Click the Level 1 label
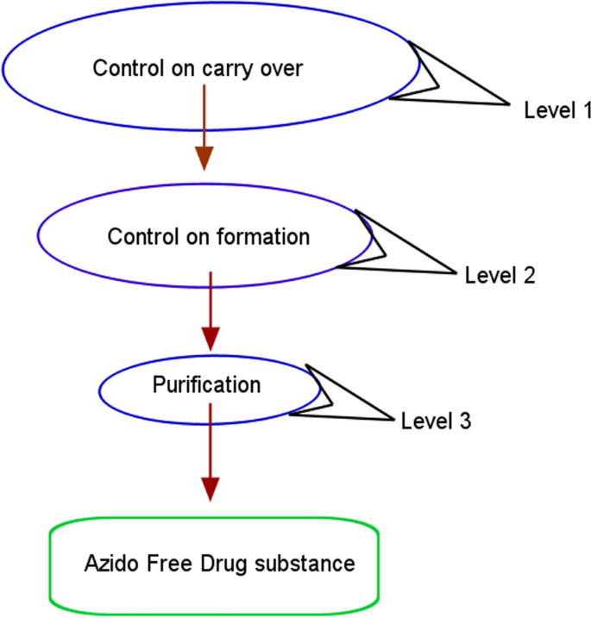pos(557,110)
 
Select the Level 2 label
pos(500,276)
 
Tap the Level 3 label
pos(436,421)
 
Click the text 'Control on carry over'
pos(198,68)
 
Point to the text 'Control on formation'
pos(208,236)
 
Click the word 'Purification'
pos(206,384)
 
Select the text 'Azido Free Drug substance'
pos(219,564)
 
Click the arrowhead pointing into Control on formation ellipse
pos(204,157)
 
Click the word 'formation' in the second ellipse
pos(268,236)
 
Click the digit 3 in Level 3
pos(465,421)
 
